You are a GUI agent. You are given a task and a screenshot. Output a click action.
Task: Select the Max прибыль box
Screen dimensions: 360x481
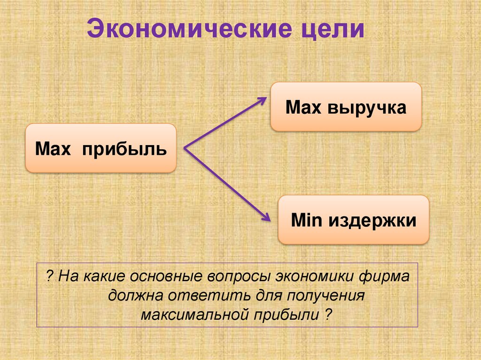[x=101, y=148]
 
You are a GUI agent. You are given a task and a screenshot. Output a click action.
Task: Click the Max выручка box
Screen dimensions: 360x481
[x=345, y=107]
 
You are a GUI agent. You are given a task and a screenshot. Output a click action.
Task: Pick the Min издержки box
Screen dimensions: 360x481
[x=353, y=220]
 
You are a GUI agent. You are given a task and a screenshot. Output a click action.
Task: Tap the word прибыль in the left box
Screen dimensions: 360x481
[x=125, y=149]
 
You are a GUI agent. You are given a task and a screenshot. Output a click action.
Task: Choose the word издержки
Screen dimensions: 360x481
[x=372, y=220]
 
